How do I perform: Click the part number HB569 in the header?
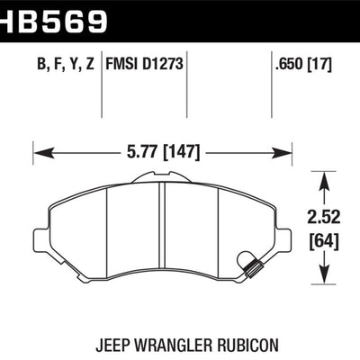click(x=53, y=21)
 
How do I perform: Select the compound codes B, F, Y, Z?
click(x=66, y=65)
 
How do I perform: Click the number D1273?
click(x=163, y=64)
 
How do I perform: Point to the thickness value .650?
click(x=290, y=64)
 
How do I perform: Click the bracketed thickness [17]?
click(x=320, y=64)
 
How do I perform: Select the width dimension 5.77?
click(x=142, y=152)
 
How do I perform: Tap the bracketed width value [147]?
click(x=181, y=153)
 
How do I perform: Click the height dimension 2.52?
click(x=324, y=217)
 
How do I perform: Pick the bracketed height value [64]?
click(x=324, y=242)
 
